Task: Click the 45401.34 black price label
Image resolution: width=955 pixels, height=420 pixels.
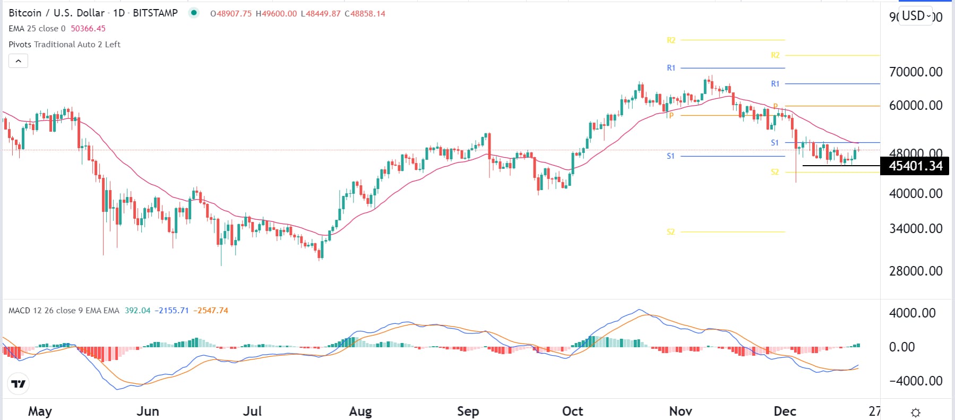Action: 915,166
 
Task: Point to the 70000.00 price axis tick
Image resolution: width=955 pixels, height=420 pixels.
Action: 915,72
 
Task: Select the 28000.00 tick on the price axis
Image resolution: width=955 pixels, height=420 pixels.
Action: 915,271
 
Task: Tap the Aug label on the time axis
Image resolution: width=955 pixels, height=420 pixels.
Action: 360,411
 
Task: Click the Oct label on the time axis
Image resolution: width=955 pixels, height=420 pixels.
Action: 572,411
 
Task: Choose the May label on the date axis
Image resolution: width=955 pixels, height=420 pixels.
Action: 40,411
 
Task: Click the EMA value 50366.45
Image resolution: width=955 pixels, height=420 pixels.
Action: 88,29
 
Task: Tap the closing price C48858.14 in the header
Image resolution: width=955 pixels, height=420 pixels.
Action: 365,13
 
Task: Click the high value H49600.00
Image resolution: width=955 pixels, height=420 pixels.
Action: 276,13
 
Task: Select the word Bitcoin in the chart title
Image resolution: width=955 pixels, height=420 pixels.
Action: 25,13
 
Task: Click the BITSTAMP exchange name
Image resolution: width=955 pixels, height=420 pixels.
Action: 155,13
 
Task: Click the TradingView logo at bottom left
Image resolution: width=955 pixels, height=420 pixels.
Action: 19,383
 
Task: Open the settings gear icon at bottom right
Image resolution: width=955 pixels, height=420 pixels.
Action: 916,412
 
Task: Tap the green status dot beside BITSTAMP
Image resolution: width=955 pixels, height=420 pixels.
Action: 194,13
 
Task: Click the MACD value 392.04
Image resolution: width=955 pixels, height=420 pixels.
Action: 137,311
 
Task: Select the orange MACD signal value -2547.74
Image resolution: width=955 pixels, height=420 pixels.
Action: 211,311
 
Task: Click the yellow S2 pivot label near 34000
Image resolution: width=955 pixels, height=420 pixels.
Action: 670,232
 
